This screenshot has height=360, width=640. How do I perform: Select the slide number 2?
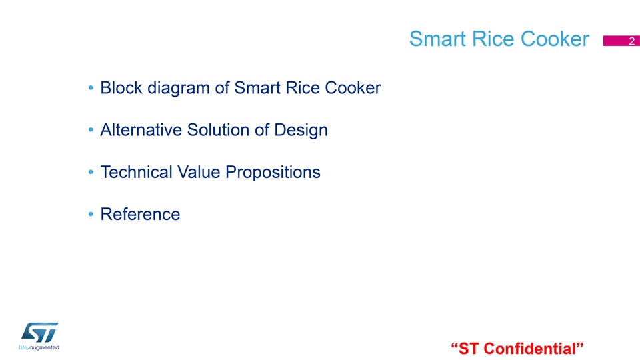pos(631,41)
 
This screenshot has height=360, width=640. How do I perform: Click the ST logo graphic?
pos(39,333)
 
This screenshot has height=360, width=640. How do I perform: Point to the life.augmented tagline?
pos(39,348)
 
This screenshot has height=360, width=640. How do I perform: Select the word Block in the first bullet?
pos(121,88)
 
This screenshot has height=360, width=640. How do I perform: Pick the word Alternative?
pos(141,130)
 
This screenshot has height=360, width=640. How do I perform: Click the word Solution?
pos(219,130)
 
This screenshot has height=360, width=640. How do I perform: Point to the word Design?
pos(301,131)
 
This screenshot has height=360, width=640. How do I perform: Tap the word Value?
pos(199,172)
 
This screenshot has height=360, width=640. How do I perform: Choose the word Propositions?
pos(273,173)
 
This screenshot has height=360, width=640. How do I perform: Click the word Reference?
pos(141,214)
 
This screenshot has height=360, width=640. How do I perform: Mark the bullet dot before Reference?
pos(91,214)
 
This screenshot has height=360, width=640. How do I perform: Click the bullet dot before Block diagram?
pos(91,88)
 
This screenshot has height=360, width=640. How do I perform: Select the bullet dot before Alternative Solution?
pos(91,130)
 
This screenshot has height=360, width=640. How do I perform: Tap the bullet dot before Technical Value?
pos(91,172)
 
